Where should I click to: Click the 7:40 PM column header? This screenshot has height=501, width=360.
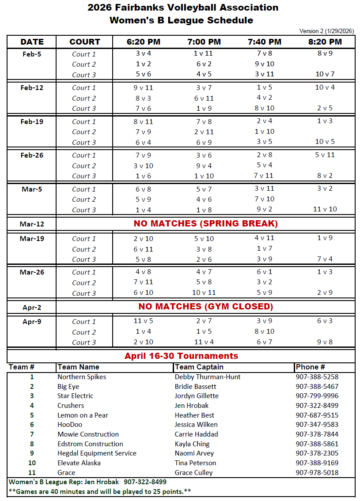264,42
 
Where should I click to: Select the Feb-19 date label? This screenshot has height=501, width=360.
32,121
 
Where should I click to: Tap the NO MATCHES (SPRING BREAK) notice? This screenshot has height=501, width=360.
205,223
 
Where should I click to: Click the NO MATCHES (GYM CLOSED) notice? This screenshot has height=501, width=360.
205,306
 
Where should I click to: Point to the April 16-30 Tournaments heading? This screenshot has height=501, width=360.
181,356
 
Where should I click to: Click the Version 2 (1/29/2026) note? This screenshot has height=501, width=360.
326,31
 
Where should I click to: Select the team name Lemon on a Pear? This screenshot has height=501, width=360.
83,415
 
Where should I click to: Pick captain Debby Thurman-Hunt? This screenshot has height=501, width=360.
208,377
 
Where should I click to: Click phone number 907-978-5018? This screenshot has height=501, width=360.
317,472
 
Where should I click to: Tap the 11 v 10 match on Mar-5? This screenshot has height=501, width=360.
325,209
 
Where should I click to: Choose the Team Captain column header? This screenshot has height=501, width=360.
199,367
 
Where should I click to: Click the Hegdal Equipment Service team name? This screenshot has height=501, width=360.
97,453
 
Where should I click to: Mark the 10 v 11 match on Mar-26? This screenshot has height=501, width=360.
204,293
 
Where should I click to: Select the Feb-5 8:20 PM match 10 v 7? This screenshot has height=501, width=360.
325,74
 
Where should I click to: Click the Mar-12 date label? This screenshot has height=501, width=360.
32,224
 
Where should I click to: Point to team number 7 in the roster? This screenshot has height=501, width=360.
32,434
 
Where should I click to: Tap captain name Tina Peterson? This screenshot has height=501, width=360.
195,463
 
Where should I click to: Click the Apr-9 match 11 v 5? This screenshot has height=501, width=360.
144,321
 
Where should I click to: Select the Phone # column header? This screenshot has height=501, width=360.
310,367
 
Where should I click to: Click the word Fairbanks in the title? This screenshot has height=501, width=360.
142,8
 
